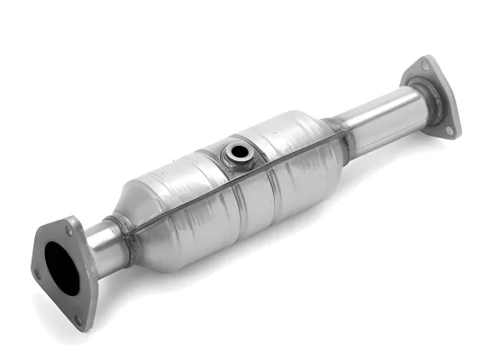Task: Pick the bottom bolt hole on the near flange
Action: point(78,317)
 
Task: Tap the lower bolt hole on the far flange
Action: point(449,130)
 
